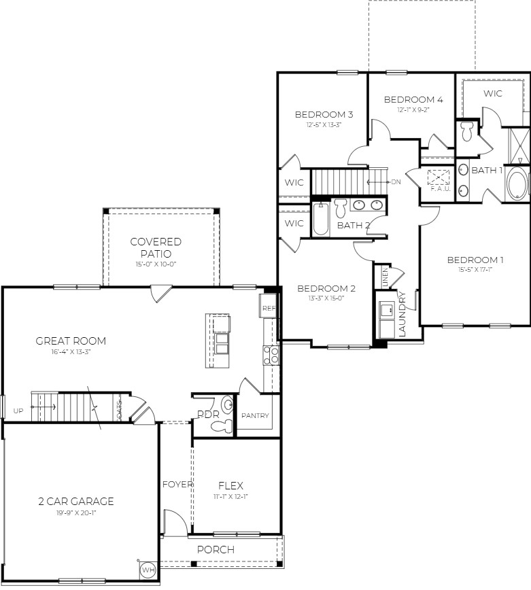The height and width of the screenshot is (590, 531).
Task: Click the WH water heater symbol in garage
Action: pos(148,570)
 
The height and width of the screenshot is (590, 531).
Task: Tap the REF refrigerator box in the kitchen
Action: pos(269,308)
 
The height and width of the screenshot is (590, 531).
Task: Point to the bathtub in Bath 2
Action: pos(321,219)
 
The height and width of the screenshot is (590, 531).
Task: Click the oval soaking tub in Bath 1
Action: pos(517,184)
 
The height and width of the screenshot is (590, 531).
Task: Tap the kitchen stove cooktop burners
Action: pos(271,355)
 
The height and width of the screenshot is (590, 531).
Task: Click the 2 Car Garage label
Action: pos(75,502)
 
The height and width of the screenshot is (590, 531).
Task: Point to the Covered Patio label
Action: pos(156,247)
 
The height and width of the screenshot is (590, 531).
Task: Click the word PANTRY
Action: pos(256,416)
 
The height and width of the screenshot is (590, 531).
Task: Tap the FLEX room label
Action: pos(231,485)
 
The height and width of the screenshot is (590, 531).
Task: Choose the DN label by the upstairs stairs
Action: pos(396,182)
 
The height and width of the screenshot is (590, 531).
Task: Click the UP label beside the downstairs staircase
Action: pos(18,411)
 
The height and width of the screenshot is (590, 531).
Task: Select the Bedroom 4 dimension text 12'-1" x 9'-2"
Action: pos(413,110)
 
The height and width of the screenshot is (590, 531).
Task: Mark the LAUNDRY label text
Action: pos(402,315)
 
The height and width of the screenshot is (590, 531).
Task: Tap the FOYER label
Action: pos(178,485)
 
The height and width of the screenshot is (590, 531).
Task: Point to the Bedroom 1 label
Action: pos(475,260)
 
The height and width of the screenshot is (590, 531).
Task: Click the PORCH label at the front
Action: pos(216,549)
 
